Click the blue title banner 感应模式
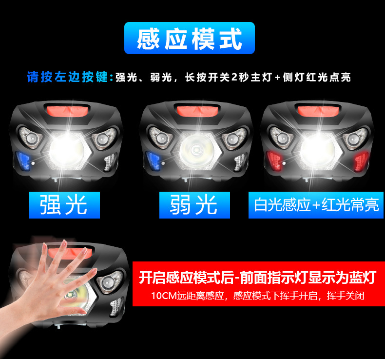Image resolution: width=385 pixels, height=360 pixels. (x=190, y=39)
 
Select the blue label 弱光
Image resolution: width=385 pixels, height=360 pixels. (x=194, y=205)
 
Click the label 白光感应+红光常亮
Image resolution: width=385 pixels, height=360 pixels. (x=316, y=205)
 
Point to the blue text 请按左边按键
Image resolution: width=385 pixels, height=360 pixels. (x=70, y=77)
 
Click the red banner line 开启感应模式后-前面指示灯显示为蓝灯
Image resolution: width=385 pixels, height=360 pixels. (x=257, y=278)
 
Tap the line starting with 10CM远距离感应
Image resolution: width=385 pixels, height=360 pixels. (x=257, y=296)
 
